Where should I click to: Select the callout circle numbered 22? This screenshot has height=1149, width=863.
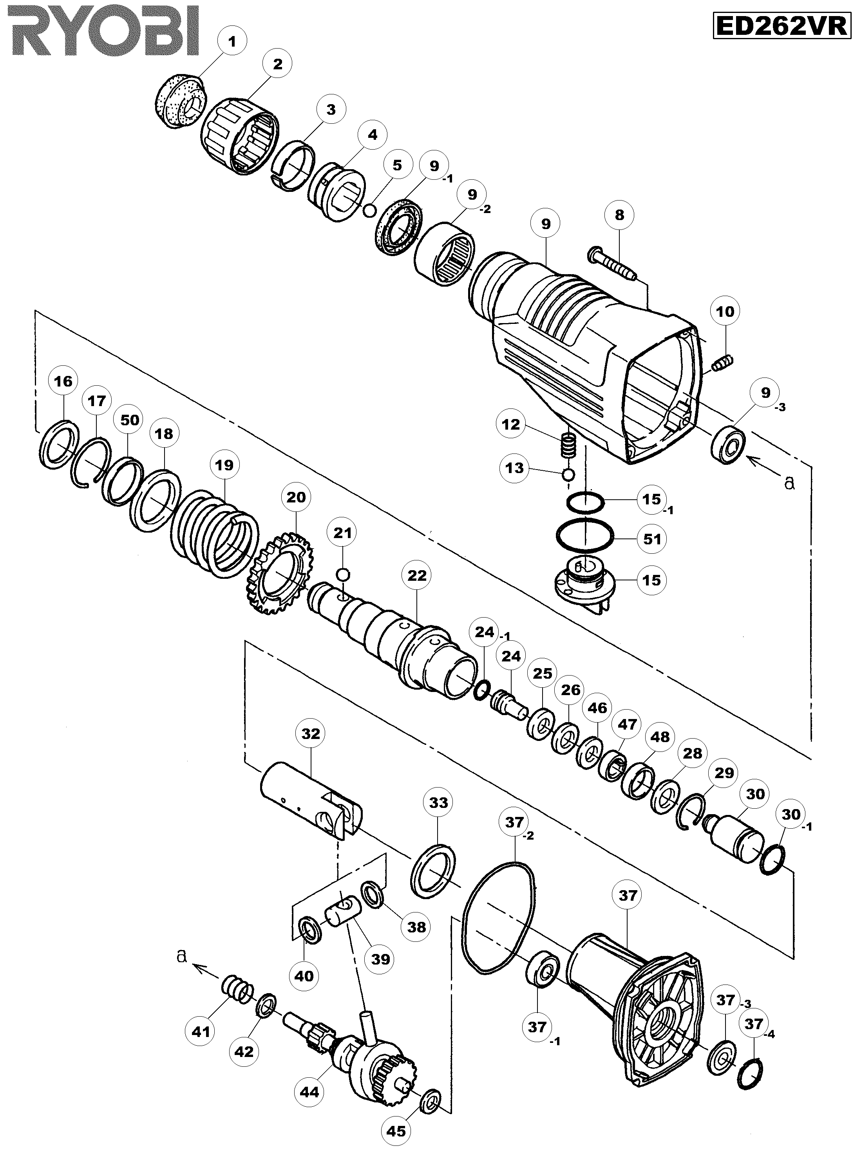[417, 576]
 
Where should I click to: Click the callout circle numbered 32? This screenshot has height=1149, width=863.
[311, 734]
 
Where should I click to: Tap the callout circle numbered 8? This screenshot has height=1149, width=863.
[619, 215]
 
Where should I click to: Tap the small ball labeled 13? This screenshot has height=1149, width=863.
[568, 474]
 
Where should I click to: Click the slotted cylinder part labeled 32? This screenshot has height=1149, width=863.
[311, 801]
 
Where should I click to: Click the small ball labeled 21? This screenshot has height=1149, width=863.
[343, 574]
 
